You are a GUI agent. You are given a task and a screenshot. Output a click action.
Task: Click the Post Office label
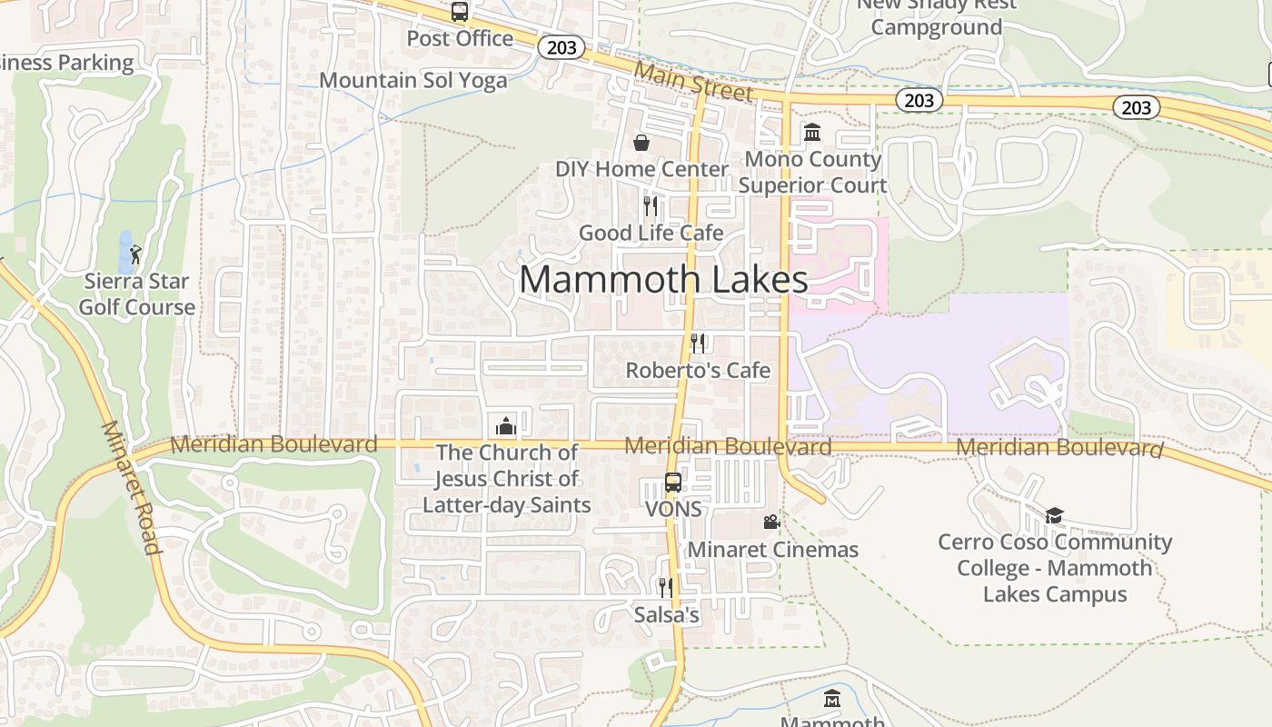[x=460, y=38]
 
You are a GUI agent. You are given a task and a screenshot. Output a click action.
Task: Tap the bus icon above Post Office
[x=460, y=12]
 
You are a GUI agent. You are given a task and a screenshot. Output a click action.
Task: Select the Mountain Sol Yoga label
[x=413, y=80]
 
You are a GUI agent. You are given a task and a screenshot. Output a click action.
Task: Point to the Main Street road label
[x=694, y=81]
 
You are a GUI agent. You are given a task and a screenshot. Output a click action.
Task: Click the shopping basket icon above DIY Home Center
[x=641, y=143]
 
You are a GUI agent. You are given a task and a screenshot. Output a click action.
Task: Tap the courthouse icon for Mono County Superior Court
[x=812, y=133]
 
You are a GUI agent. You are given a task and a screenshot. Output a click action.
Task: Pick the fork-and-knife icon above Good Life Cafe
[x=651, y=205]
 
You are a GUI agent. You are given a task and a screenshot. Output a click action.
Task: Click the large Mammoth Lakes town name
[x=663, y=279]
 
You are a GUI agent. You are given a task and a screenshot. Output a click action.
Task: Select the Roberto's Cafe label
[x=698, y=370]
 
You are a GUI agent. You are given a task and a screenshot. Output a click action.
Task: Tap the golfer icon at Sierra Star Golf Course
[x=135, y=254]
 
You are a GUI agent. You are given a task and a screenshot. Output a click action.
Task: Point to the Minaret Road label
[x=131, y=487]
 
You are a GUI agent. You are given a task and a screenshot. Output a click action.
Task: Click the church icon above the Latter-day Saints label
[x=505, y=426]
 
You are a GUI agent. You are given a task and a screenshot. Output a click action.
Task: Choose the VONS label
[x=673, y=509]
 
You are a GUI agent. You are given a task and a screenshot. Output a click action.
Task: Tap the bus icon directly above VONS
[x=673, y=483]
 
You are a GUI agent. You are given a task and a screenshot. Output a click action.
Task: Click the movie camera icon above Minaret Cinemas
[x=771, y=523]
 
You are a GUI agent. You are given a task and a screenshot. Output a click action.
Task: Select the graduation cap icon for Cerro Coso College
[x=1054, y=516]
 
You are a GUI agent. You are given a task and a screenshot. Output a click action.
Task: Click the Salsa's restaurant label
[x=667, y=615]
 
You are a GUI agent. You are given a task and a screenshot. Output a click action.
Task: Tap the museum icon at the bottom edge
[x=832, y=699]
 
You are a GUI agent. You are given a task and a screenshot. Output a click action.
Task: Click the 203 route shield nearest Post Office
[x=561, y=47]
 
